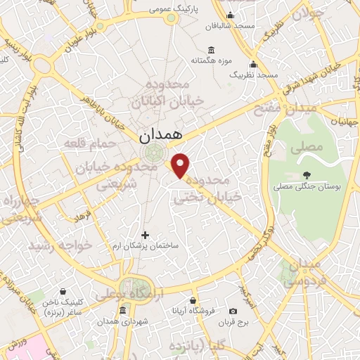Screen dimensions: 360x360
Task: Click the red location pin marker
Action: click(181, 165)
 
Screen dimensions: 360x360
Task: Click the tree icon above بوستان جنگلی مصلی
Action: click(306, 176)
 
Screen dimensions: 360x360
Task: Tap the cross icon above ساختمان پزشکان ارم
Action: click(146, 235)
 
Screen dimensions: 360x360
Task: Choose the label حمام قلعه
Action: click(86, 143)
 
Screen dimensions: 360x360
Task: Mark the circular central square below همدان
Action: click(153, 154)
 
